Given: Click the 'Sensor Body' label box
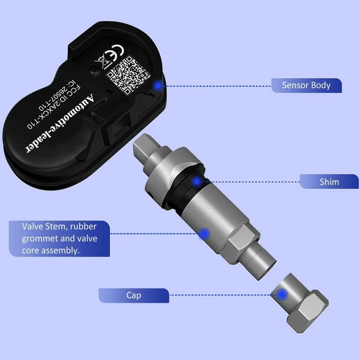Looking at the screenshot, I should coord(306,85).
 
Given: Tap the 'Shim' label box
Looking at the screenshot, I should coord(329,182).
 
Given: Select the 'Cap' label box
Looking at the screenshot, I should coord(133,295).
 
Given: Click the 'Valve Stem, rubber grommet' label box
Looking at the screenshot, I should coord(59,238).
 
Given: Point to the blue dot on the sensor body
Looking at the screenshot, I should coord(158,85).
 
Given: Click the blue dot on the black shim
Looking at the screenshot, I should coord(196,182).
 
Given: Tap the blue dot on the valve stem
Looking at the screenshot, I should coord(204,234).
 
